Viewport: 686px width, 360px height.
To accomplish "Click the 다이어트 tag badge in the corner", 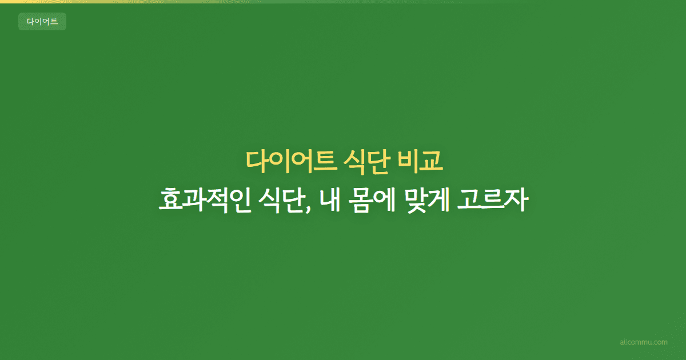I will point(42,22).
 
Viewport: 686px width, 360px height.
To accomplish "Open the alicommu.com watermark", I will point(644,342).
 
